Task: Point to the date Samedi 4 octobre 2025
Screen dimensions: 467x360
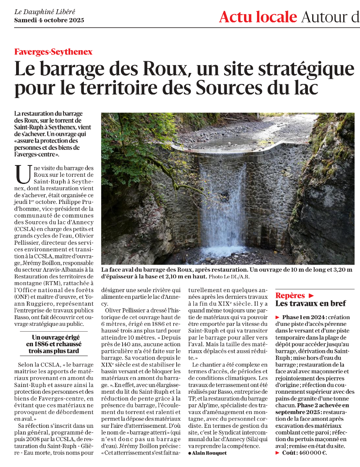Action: click(x=49, y=20)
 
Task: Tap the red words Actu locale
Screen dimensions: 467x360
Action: click(x=258, y=17)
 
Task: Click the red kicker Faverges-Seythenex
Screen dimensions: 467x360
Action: click(x=53, y=52)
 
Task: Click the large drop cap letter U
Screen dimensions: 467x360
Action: click(x=23, y=174)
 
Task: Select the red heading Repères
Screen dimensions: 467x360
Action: click(x=290, y=295)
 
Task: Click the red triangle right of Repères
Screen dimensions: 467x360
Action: click(x=311, y=295)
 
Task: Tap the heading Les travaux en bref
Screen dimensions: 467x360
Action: click(x=311, y=303)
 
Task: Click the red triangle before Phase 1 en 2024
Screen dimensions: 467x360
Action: click(x=278, y=317)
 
